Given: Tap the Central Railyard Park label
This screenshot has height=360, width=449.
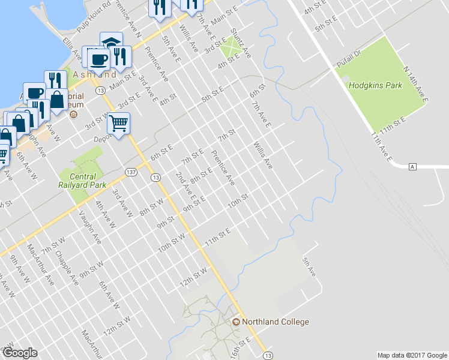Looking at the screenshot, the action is pos(83,181).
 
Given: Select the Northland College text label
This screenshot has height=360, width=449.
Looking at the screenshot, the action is pos(276,322).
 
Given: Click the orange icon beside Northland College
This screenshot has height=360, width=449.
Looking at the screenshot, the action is pos(236,322).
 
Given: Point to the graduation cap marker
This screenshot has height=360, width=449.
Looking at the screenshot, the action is pos(111,42).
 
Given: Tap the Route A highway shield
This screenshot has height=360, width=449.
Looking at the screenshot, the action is pos(412,166).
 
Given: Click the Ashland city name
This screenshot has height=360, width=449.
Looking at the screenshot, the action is pos(94,75).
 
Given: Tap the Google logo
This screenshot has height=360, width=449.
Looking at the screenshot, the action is pos(20,353).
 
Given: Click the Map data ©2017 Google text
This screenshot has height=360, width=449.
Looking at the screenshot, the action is pos(412,355).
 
